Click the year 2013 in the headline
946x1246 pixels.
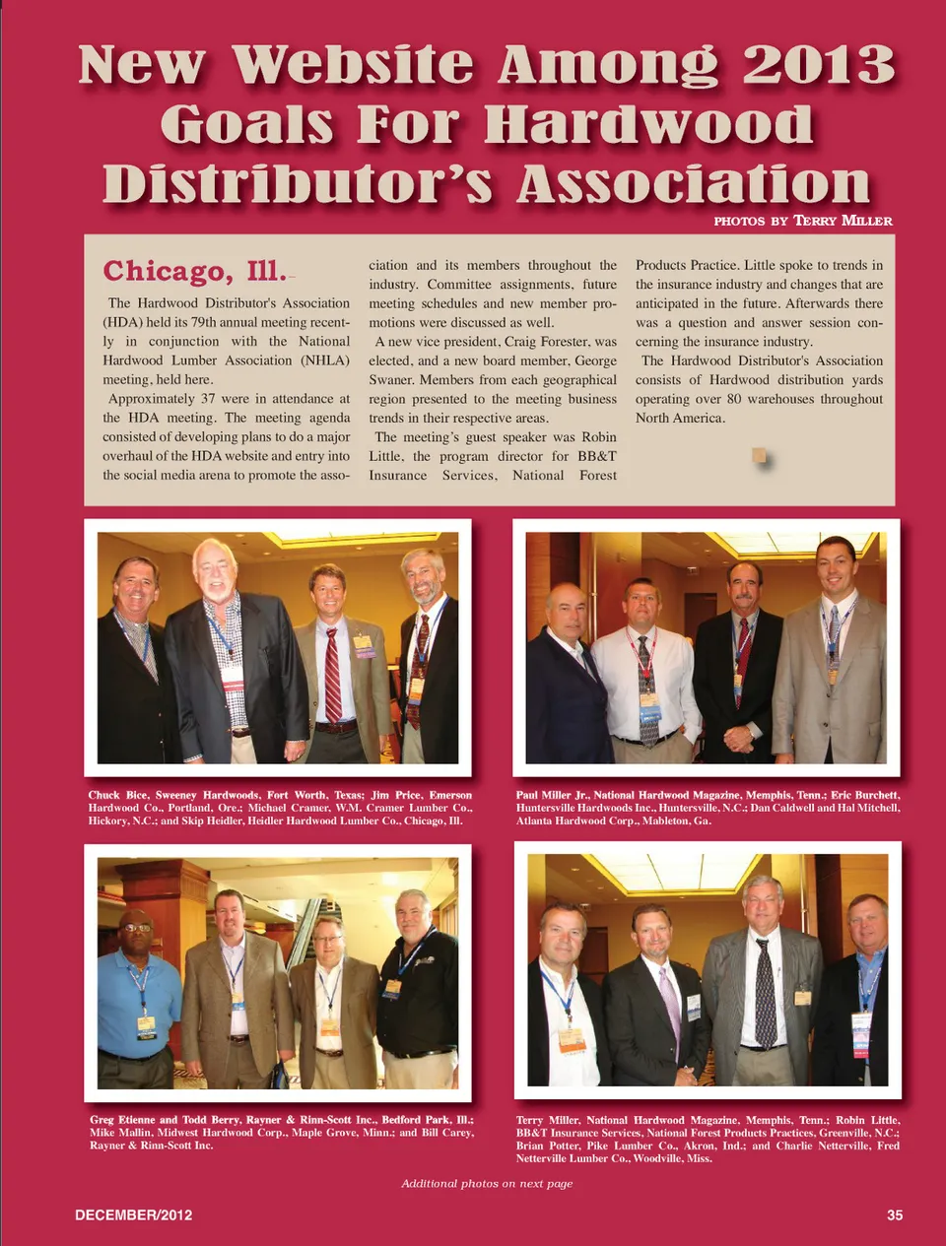click(818, 65)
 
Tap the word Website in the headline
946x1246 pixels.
click(353, 65)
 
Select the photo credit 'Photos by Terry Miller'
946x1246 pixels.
click(802, 221)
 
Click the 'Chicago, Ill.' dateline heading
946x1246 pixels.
click(194, 270)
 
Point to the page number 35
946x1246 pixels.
click(894, 1214)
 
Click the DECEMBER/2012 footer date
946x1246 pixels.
click(134, 1214)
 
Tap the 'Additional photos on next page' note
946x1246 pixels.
click(487, 1183)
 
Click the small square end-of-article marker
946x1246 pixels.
click(759, 454)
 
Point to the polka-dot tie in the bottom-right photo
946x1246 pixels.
click(765, 995)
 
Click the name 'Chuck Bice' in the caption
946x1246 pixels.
click(117, 795)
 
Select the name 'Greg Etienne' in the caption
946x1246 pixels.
click(122, 1120)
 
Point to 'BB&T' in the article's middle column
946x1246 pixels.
click(597, 456)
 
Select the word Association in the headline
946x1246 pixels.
click(693, 184)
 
